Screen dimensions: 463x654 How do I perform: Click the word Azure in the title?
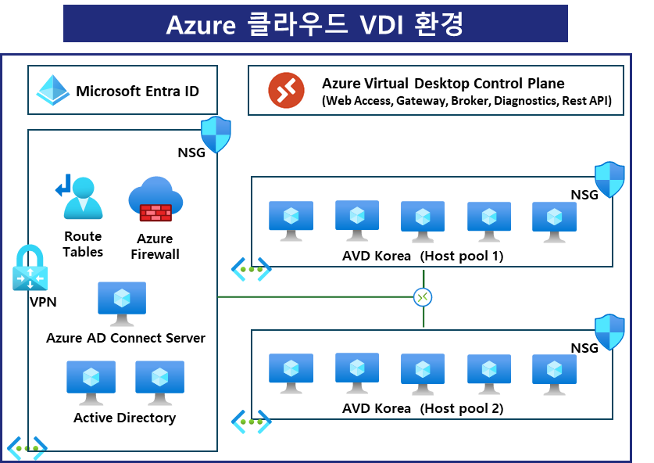pos(201,24)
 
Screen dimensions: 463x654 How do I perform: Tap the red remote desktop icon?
pos(286,90)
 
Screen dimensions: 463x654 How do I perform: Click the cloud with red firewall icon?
pos(155,199)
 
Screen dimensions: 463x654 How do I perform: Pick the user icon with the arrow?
pos(80,197)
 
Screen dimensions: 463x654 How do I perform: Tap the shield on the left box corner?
pos(216,135)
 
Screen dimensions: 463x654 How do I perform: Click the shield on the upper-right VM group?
pos(609,179)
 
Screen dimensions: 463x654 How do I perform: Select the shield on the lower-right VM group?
pos(609,332)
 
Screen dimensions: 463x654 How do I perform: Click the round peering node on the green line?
pos(423,297)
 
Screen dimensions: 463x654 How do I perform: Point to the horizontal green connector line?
pos(313,297)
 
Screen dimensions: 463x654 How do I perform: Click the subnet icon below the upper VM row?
pos(251,269)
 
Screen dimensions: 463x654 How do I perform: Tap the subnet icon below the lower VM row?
pos(251,422)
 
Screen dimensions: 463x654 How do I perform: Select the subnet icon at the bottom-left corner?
pos(27,448)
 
